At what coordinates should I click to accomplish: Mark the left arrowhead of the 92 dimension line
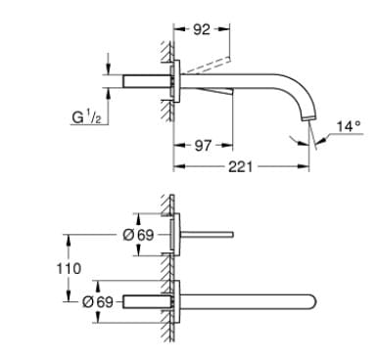click(177, 30)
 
